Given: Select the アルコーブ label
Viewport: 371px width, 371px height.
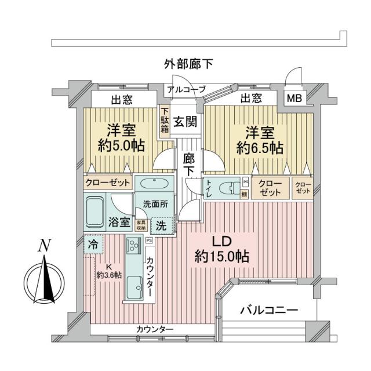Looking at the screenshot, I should click(186, 89).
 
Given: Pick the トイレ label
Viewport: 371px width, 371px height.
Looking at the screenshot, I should click(209, 188).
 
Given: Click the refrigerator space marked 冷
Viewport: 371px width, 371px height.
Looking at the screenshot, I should click(92, 244).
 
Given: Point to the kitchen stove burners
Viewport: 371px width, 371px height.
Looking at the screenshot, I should click(134, 250).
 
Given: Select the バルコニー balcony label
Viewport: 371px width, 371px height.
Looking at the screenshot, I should click(268, 310).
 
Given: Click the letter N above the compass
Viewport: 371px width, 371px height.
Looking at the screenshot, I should click(43, 245).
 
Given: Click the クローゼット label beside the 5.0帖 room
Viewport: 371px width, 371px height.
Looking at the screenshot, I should click(108, 182).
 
